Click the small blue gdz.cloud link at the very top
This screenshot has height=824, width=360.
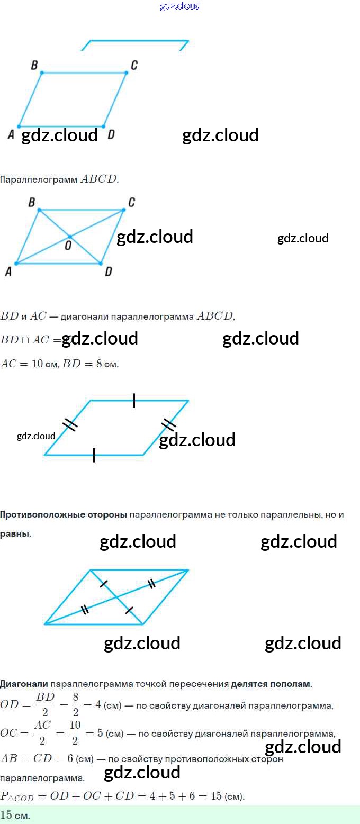pyautogui.click(x=180, y=6)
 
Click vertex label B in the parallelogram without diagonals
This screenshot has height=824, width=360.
pyautogui.click(x=34, y=65)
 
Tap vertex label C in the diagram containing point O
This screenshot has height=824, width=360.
pyautogui.click(x=131, y=202)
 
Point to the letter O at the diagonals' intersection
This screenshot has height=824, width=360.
pyautogui.click(x=68, y=245)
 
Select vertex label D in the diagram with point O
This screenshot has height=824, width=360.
pyautogui.click(x=108, y=271)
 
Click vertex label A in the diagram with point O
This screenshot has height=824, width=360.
pyautogui.click(x=8, y=271)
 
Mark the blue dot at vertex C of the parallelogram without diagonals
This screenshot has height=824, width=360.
pyautogui.click(x=127, y=73)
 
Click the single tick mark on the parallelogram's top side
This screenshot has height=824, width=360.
pyautogui.click(x=134, y=401)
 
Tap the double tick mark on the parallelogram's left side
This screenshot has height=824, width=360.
pyautogui.click(x=70, y=424)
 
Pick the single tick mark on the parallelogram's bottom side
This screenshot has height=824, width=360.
pyautogui.click(x=94, y=455)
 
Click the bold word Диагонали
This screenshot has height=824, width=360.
pyautogui.click(x=24, y=684)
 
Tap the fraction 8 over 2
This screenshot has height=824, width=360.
pyautogui.click(x=76, y=705)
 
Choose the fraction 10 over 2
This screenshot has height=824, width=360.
pyautogui.click(x=75, y=733)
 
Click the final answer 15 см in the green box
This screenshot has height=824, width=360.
pyautogui.click(x=15, y=815)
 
